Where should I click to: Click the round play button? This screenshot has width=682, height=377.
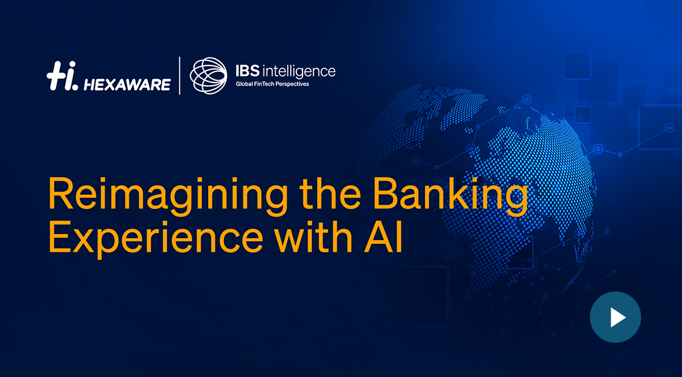615,317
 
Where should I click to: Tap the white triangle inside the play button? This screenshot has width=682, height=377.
617,317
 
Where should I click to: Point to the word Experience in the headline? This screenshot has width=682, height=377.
156,238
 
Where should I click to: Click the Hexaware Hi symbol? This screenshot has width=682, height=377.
62,76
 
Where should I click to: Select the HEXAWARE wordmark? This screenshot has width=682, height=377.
127,84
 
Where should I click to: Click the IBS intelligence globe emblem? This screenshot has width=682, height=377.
209,75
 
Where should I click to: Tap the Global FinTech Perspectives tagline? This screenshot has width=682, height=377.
272,84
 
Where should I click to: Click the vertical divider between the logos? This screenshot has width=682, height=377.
180,75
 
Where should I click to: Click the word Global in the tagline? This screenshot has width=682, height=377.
244,83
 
